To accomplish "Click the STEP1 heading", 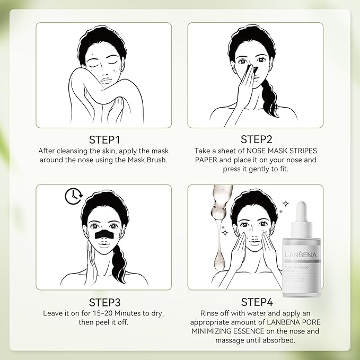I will pos(103,139).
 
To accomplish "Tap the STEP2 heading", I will pos(256,139).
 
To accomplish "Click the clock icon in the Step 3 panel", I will pos(72,196).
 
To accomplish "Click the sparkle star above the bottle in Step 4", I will pos(286,203).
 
